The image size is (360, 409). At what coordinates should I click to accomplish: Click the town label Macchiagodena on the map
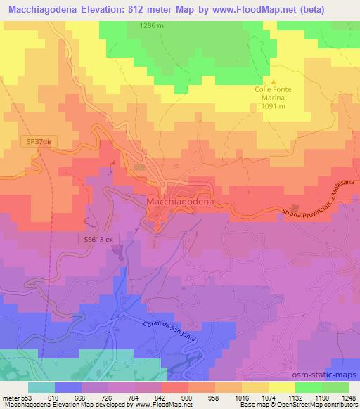tap(180, 201)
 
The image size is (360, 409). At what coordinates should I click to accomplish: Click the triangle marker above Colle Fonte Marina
tap(264, 81)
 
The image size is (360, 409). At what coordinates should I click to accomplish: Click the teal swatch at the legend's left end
tap(41, 387)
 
